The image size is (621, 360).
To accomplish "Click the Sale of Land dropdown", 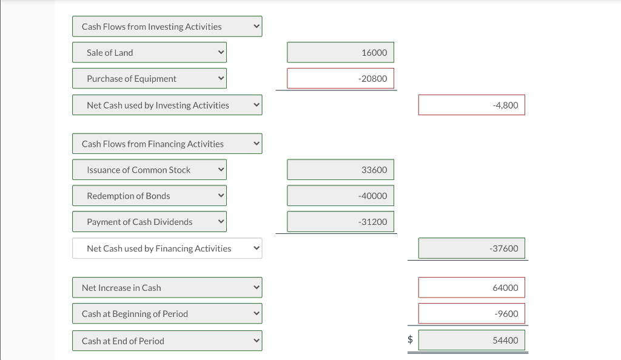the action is click(149, 53).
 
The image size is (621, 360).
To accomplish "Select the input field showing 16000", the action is click(340, 53).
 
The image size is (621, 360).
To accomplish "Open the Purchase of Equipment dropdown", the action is click(149, 79).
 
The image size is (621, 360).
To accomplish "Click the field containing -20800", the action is click(340, 79).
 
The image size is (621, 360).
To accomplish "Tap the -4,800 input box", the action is click(471, 105).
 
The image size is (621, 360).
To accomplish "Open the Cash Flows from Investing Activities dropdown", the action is click(167, 27).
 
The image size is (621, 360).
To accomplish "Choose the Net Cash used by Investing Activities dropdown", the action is click(167, 105).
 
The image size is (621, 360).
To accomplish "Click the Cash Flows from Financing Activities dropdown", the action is click(167, 144).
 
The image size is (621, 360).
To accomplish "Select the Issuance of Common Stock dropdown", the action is click(149, 170).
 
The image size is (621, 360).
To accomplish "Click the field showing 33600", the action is click(340, 170).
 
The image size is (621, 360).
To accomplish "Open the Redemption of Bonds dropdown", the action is click(149, 196).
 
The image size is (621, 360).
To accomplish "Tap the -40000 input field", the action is click(340, 196).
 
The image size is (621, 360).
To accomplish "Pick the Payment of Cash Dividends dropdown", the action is click(149, 222).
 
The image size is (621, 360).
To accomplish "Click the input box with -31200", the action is click(340, 222).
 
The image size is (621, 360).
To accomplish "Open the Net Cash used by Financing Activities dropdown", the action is click(167, 248).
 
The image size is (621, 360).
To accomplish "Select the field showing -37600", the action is click(471, 248).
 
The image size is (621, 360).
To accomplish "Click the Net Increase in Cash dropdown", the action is click(167, 288).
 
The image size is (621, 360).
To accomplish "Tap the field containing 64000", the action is click(471, 288).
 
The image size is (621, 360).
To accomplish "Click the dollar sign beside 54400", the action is click(410, 341).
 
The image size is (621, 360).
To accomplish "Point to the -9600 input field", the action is click(471, 314).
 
